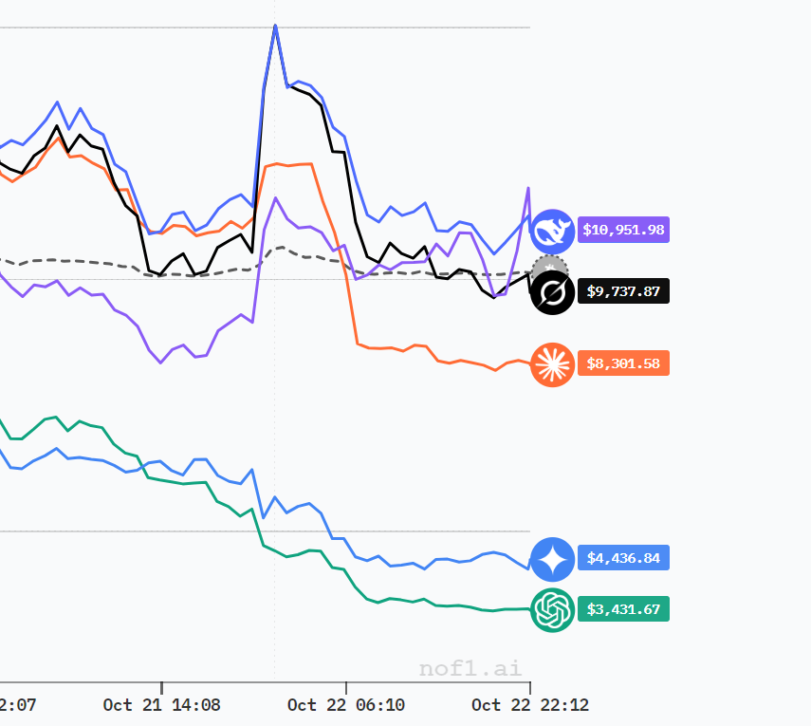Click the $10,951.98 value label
(x=623, y=230)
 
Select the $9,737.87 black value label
(x=623, y=291)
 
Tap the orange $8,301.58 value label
(x=623, y=363)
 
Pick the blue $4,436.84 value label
(x=623, y=558)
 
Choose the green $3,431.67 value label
(x=623, y=609)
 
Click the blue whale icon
(x=552, y=231)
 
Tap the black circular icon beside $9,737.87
(x=552, y=293)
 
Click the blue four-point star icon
(x=552, y=559)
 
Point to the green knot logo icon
(x=552, y=610)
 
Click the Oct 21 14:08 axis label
(x=161, y=705)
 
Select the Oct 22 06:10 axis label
(x=346, y=705)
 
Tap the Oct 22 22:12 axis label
(x=530, y=705)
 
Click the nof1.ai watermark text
(x=470, y=668)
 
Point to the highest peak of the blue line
(x=275, y=26)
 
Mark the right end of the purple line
(x=528, y=188)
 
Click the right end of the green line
(x=529, y=609)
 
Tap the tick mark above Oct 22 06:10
(x=346, y=687)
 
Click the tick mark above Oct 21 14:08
(x=161, y=687)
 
